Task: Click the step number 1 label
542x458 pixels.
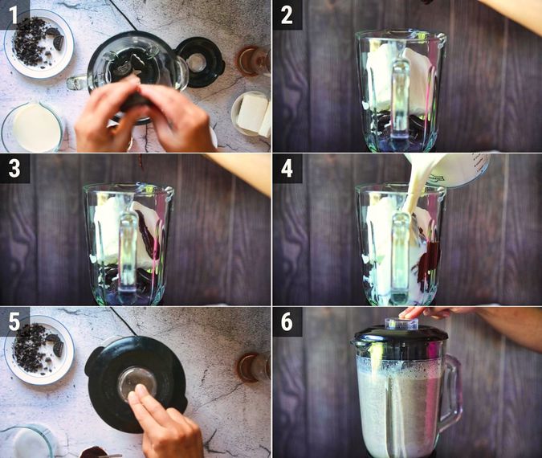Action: click(13, 15)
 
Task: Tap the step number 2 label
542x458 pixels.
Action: click(287, 15)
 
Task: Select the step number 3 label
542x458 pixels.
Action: click(14, 170)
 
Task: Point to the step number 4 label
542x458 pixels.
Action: click(287, 170)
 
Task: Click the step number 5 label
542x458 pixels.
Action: click(14, 321)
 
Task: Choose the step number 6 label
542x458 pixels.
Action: click(287, 321)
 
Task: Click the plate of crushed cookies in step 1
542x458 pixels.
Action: click(39, 43)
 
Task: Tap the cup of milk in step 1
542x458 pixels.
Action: click(33, 127)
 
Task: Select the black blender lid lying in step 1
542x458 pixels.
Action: click(201, 62)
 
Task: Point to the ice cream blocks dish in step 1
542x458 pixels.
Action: click(251, 114)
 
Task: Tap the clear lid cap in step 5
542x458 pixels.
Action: click(137, 383)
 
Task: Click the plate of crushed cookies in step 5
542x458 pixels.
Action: click(39, 350)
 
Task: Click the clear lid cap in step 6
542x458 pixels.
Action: click(401, 323)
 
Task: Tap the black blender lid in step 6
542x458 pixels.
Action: click(400, 337)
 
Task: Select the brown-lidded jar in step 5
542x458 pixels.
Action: click(254, 366)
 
